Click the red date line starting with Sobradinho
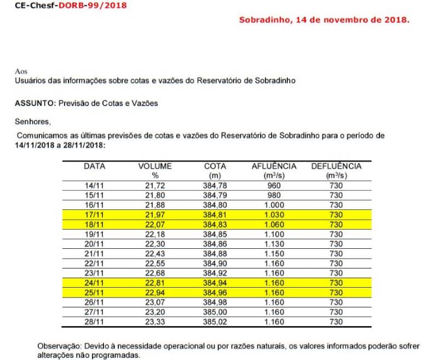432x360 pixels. [x=324, y=20]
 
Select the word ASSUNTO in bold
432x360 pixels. [x=34, y=103]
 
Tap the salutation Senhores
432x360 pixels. [x=32, y=122]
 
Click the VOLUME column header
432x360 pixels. [x=154, y=166]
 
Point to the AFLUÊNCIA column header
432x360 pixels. [x=274, y=166]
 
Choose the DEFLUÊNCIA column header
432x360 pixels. [x=336, y=166]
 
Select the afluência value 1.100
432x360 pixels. [x=274, y=235]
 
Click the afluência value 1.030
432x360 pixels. [x=274, y=214]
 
